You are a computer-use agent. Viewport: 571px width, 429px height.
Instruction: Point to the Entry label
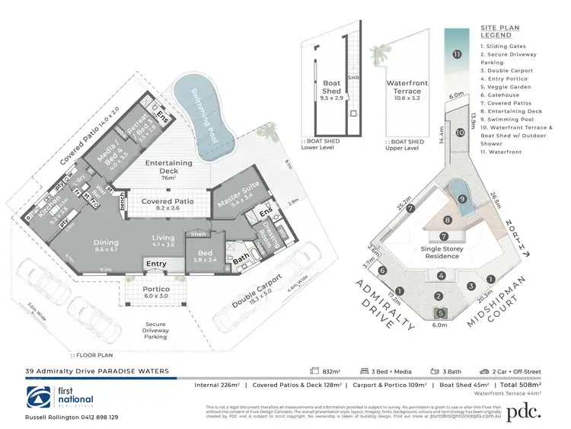pyautogui.click(x=157, y=264)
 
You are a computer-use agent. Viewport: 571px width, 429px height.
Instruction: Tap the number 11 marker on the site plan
pyautogui.click(x=457, y=55)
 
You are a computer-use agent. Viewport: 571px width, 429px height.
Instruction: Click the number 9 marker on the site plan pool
pyautogui.click(x=461, y=199)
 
